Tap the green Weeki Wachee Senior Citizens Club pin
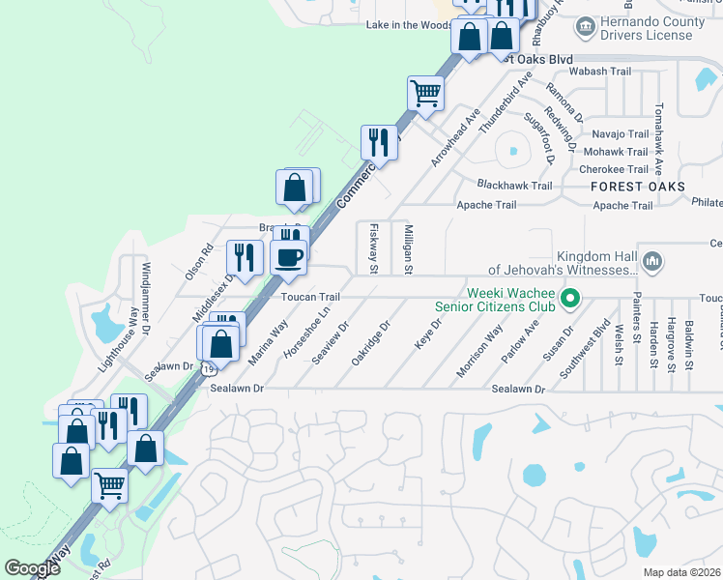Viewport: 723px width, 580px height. tap(570, 299)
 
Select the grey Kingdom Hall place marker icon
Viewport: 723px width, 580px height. tap(652, 261)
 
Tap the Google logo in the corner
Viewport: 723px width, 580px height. tap(32, 568)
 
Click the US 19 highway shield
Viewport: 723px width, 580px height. tap(209, 368)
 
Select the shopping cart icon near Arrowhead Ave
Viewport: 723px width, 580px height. tap(425, 94)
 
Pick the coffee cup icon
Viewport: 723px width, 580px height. tap(290, 256)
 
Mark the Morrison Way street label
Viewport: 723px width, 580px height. tap(480, 352)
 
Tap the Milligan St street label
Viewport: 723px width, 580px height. tap(409, 249)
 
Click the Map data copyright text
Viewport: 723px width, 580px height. tap(682, 572)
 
